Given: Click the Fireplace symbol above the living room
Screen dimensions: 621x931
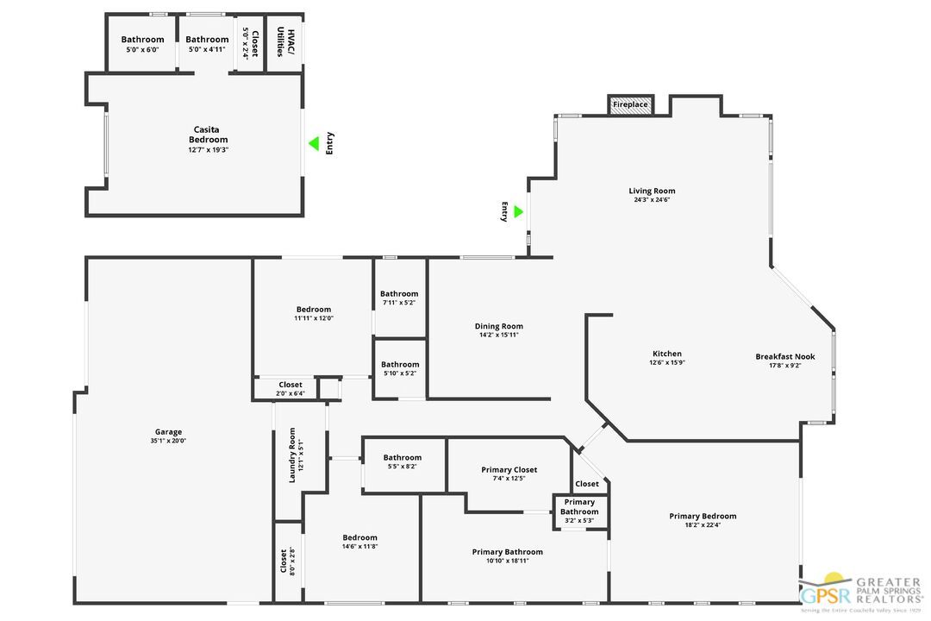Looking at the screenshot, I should [x=630, y=104].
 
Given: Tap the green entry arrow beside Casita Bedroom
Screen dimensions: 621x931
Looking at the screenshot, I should [x=314, y=143].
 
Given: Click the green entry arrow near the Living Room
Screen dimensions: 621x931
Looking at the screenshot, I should [x=518, y=211].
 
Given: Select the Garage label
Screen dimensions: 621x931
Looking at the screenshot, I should [x=168, y=432].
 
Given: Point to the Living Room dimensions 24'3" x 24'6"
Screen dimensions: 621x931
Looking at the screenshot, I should [x=651, y=200].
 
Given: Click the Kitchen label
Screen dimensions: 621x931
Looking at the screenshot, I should [x=666, y=354].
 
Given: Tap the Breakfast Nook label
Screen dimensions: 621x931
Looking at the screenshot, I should [x=784, y=356].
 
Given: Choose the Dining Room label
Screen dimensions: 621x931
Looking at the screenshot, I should [x=498, y=326].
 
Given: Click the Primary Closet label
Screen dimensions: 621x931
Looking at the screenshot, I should [x=509, y=470].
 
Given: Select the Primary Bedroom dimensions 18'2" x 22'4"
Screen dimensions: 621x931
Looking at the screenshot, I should [x=703, y=525].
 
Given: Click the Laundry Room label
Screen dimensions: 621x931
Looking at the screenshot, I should [x=291, y=455].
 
